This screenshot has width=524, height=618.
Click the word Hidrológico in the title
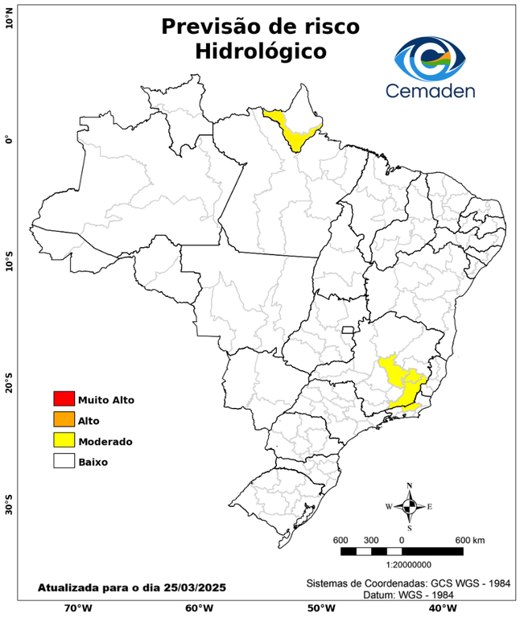coord(261,51)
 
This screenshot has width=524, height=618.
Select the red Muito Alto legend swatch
coord(64,398)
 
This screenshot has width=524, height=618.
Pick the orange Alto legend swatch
coord(64,419)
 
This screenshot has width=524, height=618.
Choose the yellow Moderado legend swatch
coord(64,440)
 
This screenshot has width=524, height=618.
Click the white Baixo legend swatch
coord(64,461)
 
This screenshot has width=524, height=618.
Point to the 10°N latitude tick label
coord(9,17)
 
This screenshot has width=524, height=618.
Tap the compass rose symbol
coord(409,506)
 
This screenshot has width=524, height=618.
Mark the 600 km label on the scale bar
coord(470,539)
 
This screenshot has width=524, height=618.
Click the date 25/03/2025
coord(191,588)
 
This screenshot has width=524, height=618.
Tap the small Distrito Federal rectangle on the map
coord(349,330)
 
